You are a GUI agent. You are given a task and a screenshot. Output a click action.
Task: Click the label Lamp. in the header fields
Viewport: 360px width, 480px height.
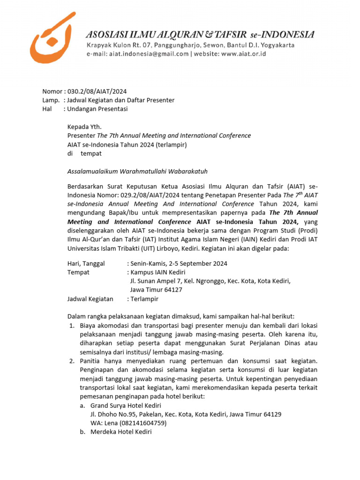click(51, 100)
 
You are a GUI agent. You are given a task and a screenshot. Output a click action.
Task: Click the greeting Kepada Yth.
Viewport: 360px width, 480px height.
click(84, 127)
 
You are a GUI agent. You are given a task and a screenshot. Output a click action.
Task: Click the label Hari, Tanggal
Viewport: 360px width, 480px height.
click(86, 263)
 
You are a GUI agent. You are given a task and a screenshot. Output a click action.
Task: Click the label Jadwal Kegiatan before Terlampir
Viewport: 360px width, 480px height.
click(90, 299)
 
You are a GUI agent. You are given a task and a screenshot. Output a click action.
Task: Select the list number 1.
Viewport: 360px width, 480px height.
click(72, 325)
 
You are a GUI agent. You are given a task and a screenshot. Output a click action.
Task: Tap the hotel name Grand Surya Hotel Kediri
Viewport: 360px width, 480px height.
click(126, 405)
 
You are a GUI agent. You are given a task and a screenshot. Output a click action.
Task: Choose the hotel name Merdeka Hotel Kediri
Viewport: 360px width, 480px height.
click(121, 432)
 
